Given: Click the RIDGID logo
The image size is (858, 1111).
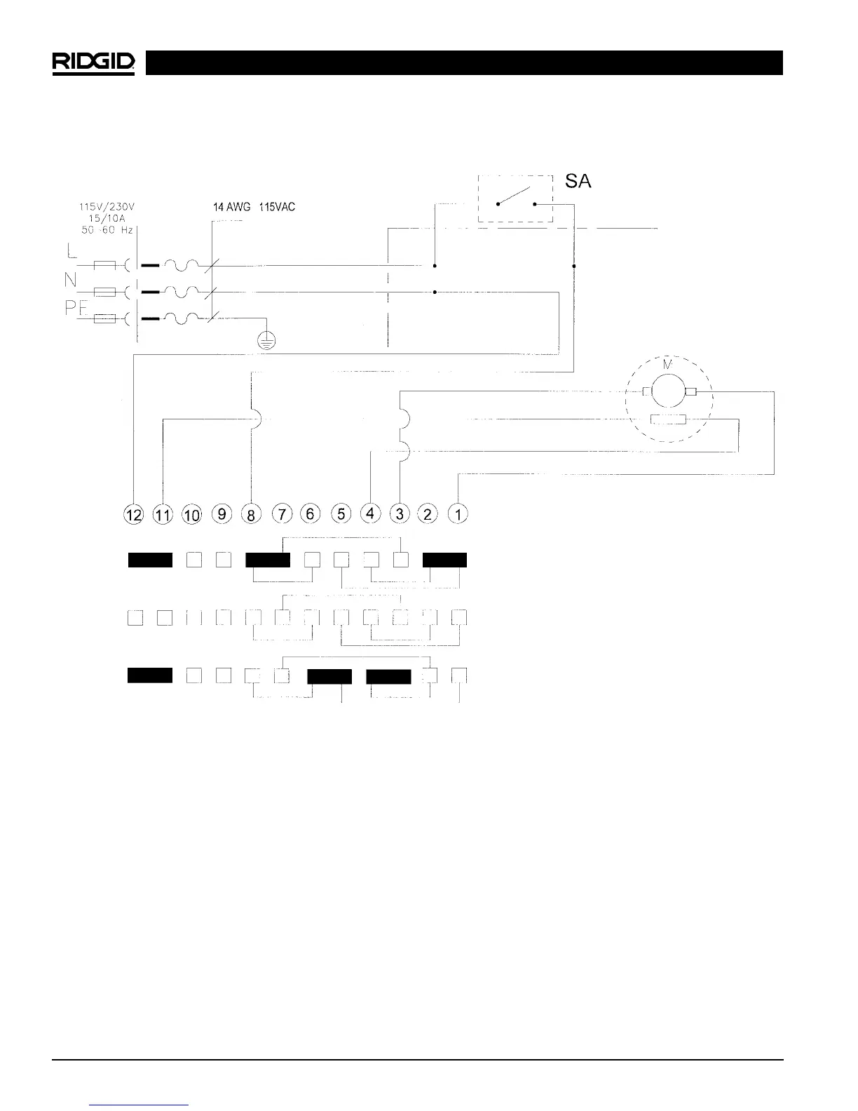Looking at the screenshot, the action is click(93, 63).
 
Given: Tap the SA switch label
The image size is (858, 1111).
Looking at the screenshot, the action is click(578, 181).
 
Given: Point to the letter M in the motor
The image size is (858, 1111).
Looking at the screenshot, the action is click(667, 365).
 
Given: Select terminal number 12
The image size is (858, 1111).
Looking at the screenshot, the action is click(134, 516).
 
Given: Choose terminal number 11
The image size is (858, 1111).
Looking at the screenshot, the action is click(163, 516).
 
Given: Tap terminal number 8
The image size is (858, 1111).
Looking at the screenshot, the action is click(250, 515).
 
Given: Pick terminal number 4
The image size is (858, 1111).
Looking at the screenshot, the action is click(370, 513).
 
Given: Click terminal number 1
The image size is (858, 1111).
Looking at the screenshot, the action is click(458, 514).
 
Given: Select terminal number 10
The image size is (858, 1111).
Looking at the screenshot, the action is click(191, 516).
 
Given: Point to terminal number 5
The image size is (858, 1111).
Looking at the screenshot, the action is click(341, 514).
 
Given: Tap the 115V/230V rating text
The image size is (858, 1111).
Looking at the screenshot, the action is click(107, 208).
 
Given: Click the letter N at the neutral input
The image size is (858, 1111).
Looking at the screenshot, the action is click(71, 280).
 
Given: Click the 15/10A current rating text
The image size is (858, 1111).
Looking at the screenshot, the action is click(107, 219).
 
